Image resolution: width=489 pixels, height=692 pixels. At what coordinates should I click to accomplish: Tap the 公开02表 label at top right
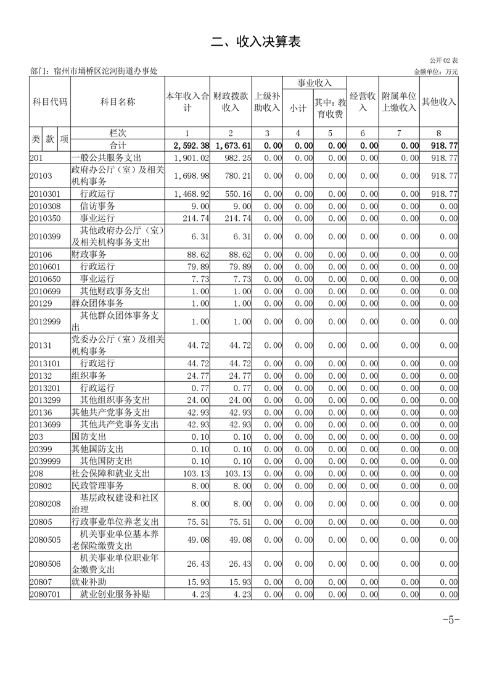point(444,60)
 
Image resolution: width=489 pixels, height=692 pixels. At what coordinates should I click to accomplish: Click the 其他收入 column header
point(438,102)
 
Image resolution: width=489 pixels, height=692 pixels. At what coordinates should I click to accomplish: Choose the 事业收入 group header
point(314,83)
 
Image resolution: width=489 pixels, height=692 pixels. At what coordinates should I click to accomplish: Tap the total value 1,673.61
point(232,146)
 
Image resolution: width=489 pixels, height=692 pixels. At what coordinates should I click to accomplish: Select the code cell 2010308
point(45,206)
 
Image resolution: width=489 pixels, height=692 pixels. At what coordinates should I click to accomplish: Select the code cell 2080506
point(45,564)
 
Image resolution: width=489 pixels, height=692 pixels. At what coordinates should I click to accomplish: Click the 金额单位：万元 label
point(435,72)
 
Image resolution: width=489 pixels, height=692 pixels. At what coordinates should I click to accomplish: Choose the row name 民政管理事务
point(102,486)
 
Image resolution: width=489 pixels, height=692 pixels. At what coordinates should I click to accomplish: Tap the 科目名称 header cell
point(117,102)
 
